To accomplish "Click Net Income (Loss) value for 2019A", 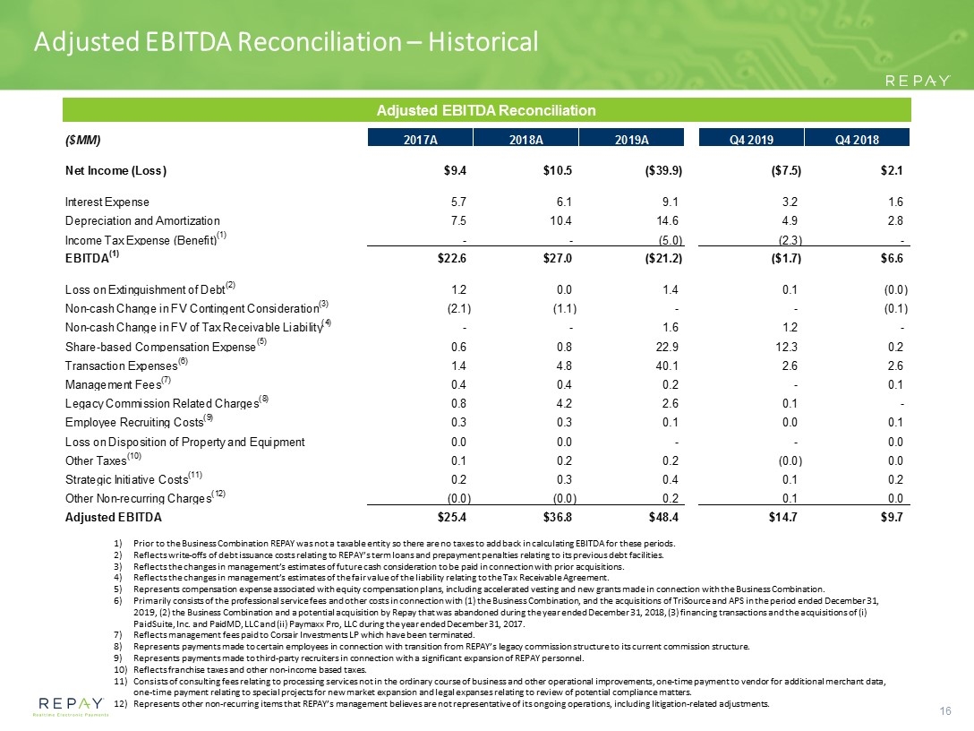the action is (x=663, y=171).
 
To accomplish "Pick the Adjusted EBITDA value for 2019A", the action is (x=663, y=517).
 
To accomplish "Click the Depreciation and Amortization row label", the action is (x=142, y=220).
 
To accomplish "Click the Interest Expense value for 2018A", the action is (x=564, y=202).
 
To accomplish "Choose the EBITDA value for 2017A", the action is (x=451, y=259).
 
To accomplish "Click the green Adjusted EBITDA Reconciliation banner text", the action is (x=486, y=111).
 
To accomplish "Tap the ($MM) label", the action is (x=82, y=140).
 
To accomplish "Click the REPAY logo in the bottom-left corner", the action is (x=71, y=706).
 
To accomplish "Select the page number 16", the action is (x=945, y=711).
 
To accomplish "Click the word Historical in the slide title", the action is (x=483, y=41).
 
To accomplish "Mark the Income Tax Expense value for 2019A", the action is (x=671, y=241).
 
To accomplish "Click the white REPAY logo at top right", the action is (x=917, y=81).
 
